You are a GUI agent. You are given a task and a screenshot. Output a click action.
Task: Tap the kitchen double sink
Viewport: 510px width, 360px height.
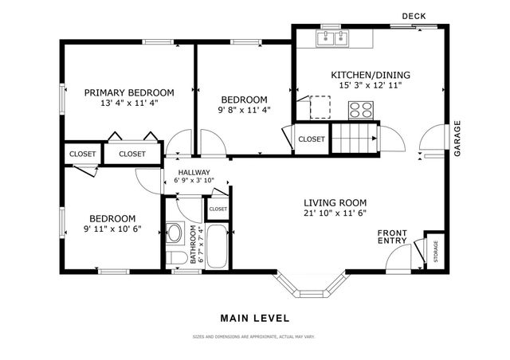tap(335, 37)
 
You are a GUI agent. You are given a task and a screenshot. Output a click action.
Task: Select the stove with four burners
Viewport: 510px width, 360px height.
tap(361, 110)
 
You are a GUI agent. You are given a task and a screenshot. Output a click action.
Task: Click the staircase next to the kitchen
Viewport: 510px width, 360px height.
tap(353, 138)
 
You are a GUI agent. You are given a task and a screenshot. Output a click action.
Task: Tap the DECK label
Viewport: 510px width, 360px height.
tap(414, 15)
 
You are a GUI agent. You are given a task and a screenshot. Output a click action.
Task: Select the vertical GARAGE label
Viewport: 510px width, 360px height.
tap(457, 138)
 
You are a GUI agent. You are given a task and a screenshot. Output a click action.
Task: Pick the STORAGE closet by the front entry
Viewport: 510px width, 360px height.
tap(435, 250)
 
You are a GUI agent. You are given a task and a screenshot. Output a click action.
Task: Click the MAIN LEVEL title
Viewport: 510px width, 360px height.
tap(254, 318)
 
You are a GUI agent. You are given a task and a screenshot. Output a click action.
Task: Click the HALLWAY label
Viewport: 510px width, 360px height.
tap(194, 172)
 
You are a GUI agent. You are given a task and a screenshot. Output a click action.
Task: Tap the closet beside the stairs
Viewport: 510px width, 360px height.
tap(312, 139)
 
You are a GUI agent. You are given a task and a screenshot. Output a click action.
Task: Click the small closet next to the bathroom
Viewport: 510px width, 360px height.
tap(218, 209)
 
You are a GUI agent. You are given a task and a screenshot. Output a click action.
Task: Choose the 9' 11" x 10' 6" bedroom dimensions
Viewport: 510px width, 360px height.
tap(112, 229)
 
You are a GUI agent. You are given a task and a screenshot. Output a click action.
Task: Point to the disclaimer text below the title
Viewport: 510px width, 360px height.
tap(254, 337)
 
